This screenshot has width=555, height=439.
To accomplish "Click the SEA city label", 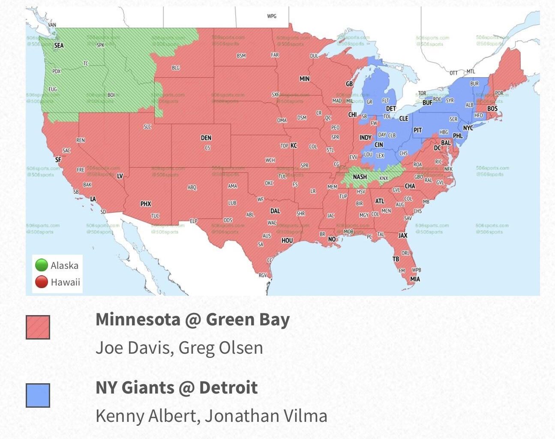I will (59, 45).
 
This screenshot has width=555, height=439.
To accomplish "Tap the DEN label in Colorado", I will (206, 138).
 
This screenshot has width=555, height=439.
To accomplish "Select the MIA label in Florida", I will (415, 279).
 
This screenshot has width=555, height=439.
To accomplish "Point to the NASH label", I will (360, 177).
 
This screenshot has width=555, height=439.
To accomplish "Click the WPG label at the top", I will (272, 16).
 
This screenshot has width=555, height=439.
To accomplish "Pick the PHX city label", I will (146, 204).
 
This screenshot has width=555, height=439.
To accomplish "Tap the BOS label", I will (492, 109).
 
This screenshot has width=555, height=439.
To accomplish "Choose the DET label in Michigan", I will (391, 109).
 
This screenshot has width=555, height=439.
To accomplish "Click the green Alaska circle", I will (42, 265).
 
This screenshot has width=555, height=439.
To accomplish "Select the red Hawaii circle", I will (42, 282).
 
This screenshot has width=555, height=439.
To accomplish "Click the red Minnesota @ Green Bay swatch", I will (38, 327).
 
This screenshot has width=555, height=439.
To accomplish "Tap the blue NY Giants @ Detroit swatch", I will (38, 395).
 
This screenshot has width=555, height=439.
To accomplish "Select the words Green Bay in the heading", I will (248, 320).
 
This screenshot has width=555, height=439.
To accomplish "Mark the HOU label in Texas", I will (287, 241).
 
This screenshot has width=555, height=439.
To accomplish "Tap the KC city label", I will (294, 146).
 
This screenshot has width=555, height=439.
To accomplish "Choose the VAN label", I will (52, 25).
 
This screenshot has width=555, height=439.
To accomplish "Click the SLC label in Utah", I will (147, 127).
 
